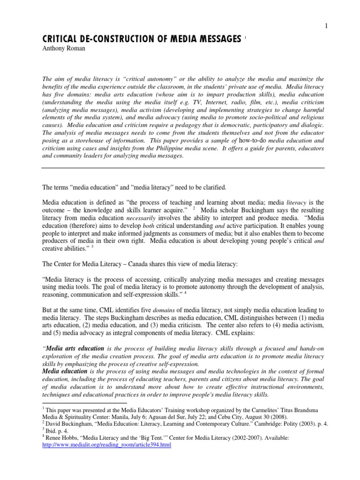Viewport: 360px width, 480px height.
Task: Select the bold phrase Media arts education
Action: point(74,348)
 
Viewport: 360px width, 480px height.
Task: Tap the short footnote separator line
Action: point(84,402)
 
